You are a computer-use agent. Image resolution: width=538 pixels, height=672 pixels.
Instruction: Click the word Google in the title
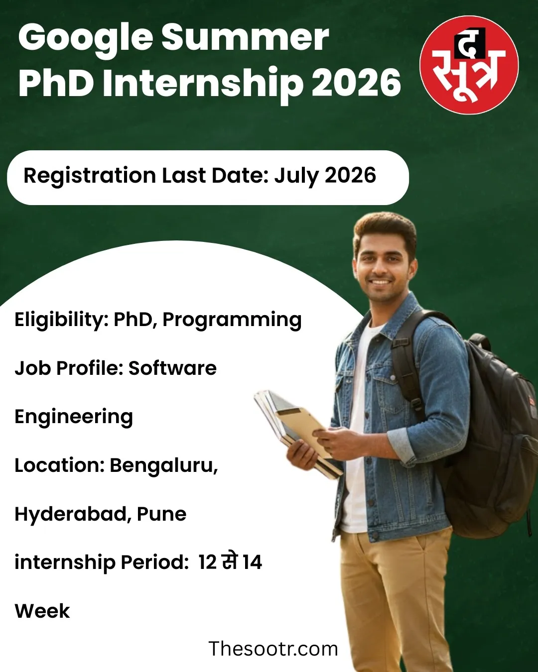(86, 39)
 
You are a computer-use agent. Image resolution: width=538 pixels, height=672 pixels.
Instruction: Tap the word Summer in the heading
(245, 38)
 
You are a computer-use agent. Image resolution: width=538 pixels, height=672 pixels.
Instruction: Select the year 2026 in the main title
(357, 83)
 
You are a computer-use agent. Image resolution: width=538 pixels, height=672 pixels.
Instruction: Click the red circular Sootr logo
(469, 65)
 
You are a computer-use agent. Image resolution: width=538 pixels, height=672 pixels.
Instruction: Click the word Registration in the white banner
(90, 176)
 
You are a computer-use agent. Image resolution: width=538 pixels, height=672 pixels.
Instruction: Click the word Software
(172, 368)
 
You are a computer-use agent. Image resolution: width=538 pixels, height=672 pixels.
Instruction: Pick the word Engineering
(74, 417)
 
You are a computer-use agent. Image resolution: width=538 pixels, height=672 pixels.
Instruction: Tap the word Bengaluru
(164, 465)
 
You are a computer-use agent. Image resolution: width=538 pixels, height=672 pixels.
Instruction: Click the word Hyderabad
(73, 514)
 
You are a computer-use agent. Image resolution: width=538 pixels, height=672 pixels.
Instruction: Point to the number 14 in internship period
(253, 562)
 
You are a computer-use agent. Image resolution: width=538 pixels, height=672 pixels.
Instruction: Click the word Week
(42, 611)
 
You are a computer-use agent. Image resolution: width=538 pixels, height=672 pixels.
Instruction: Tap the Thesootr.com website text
(273, 649)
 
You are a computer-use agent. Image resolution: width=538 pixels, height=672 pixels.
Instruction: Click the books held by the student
(294, 428)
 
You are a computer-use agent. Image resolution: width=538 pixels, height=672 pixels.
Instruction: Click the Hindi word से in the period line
(229, 561)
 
